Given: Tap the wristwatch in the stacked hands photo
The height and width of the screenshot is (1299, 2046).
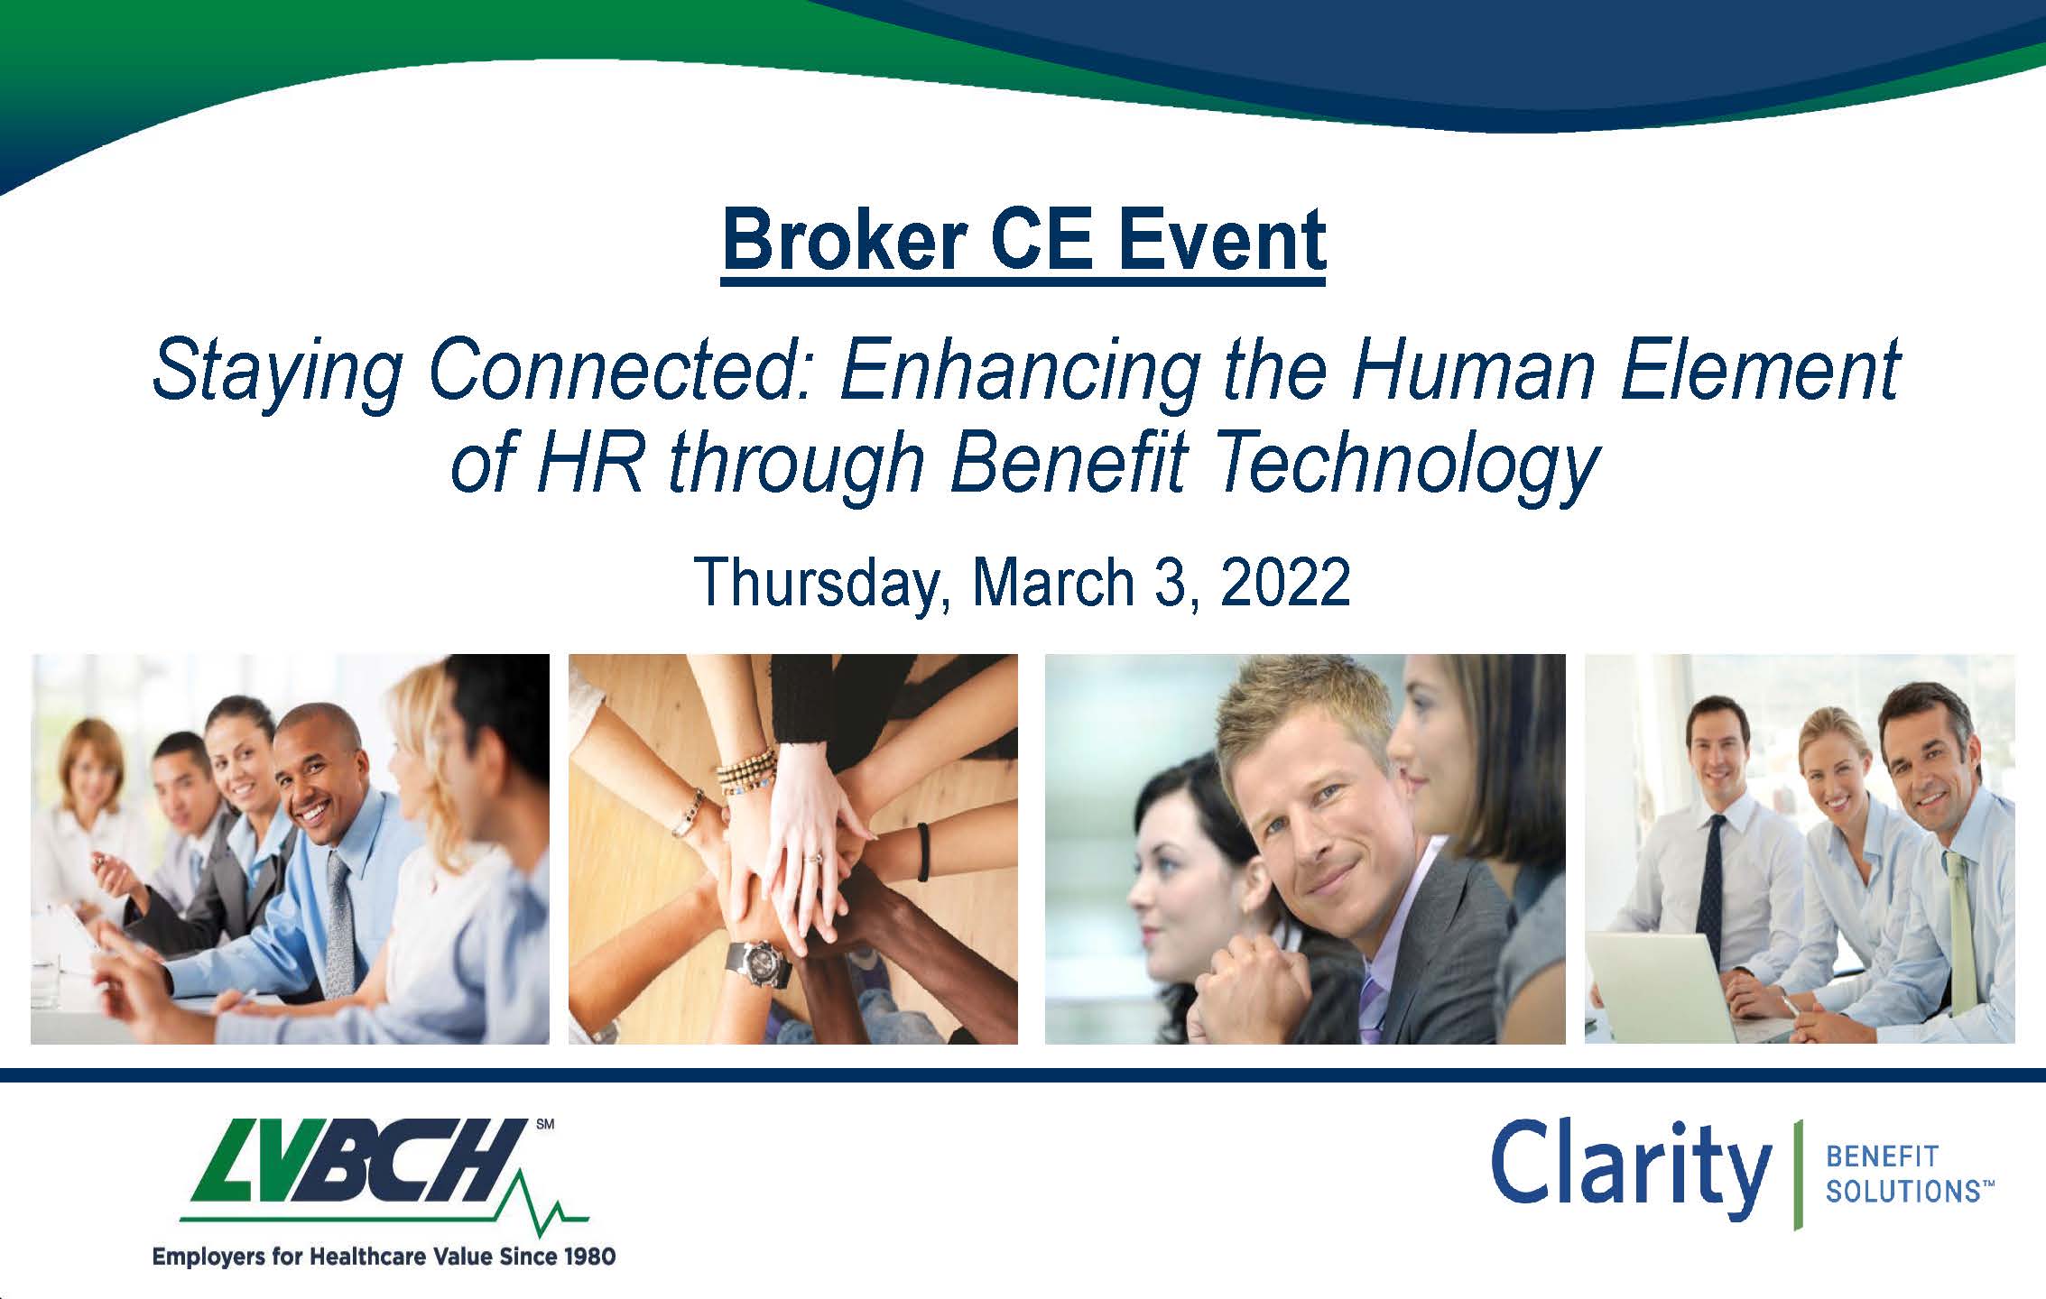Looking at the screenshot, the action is point(758,963).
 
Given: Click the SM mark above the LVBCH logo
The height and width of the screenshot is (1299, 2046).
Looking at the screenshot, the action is point(545,1125).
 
